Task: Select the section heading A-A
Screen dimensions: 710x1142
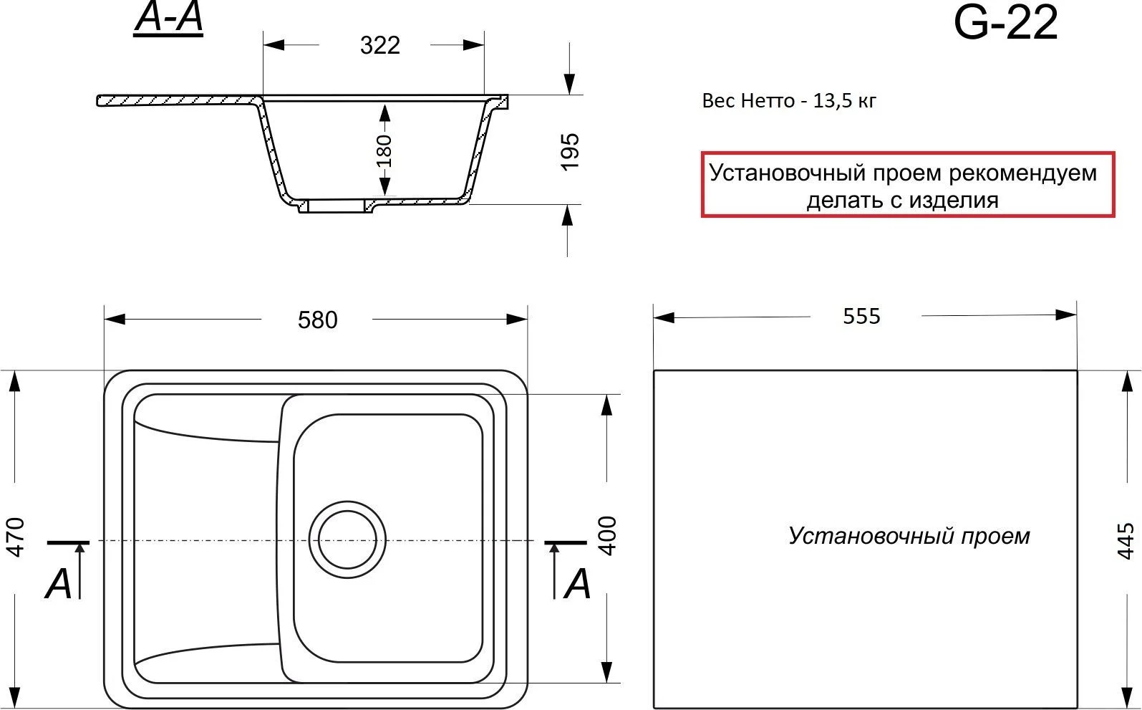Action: pyautogui.click(x=168, y=19)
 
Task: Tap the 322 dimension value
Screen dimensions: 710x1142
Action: pyautogui.click(x=379, y=45)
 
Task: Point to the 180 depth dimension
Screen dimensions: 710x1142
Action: pyautogui.click(x=384, y=150)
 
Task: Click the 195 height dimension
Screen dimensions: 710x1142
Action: pyautogui.click(x=569, y=151)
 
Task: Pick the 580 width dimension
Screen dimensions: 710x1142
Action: pyautogui.click(x=317, y=320)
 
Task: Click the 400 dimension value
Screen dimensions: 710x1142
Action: pyautogui.click(x=607, y=535)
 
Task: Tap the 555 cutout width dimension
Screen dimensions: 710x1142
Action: pyautogui.click(x=861, y=316)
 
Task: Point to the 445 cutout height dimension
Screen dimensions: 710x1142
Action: pyautogui.click(x=1126, y=541)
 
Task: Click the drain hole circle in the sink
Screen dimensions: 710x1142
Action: pyautogui.click(x=347, y=539)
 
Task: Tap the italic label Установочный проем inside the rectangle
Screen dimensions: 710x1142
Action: pyautogui.click(x=909, y=536)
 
